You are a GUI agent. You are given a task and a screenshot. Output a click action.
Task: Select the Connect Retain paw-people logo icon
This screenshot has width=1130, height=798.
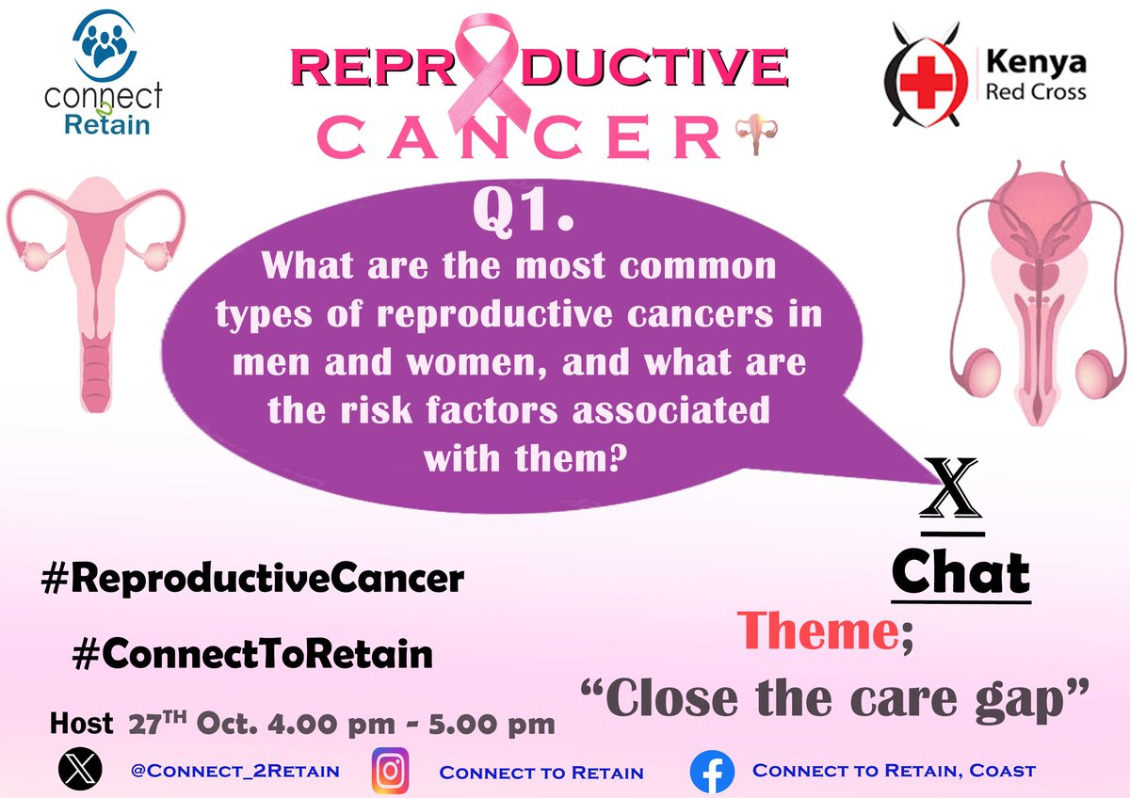point(107,45)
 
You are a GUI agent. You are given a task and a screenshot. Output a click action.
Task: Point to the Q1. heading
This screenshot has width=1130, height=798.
point(524,215)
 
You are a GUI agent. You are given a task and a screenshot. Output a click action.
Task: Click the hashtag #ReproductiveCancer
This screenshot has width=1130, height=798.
point(252,579)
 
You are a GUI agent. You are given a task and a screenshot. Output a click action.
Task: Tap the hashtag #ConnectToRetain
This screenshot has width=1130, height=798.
point(251,653)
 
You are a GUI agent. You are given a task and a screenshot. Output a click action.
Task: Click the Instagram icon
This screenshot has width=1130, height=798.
point(390,771)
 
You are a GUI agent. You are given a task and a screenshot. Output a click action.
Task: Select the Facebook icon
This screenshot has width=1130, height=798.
point(712,772)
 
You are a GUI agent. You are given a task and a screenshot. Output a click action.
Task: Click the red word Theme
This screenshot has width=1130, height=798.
point(815,631)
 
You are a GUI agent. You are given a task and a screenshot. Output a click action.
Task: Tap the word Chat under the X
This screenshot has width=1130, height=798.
point(960,573)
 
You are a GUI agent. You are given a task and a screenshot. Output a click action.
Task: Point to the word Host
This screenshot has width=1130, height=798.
point(81,726)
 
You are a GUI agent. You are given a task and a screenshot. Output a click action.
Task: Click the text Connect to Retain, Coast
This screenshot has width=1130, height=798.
point(893,771)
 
